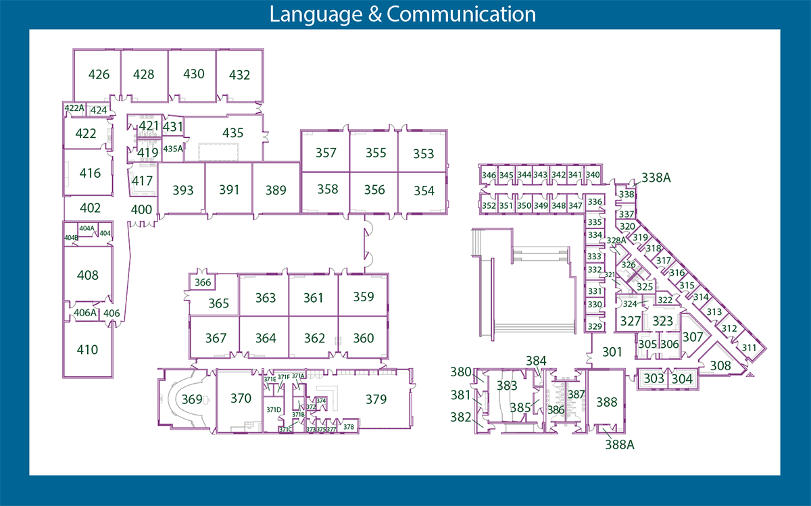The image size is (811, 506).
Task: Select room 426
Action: [99, 74]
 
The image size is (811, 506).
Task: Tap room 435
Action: [232, 133]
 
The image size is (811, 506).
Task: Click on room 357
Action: [326, 153]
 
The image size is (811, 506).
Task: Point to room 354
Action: [423, 191]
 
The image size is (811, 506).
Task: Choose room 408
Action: [88, 275]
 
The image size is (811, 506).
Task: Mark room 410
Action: [88, 350]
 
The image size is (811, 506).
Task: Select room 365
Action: [218, 303]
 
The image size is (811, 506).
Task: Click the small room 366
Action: [203, 282]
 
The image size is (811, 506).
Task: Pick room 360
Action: [363, 338]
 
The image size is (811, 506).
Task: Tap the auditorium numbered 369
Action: [192, 400]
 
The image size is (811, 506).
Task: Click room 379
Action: [376, 399]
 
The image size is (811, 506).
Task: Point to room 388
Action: [606, 402]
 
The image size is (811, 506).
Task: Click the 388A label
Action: [620, 445]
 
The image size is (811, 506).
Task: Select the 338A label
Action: [656, 178]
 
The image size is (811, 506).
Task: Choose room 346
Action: [489, 175]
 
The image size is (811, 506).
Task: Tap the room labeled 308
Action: [720, 365]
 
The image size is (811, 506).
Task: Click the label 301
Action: [612, 351]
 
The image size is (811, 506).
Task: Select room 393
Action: [182, 191]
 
